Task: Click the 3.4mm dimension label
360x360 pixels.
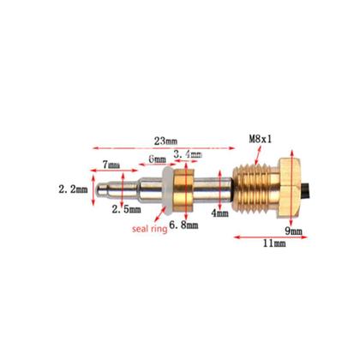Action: pos(187,154)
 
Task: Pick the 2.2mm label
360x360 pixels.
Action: pos(73,187)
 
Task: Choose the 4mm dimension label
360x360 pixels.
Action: pos(221,213)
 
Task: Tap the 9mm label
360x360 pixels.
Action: pos(294,231)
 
